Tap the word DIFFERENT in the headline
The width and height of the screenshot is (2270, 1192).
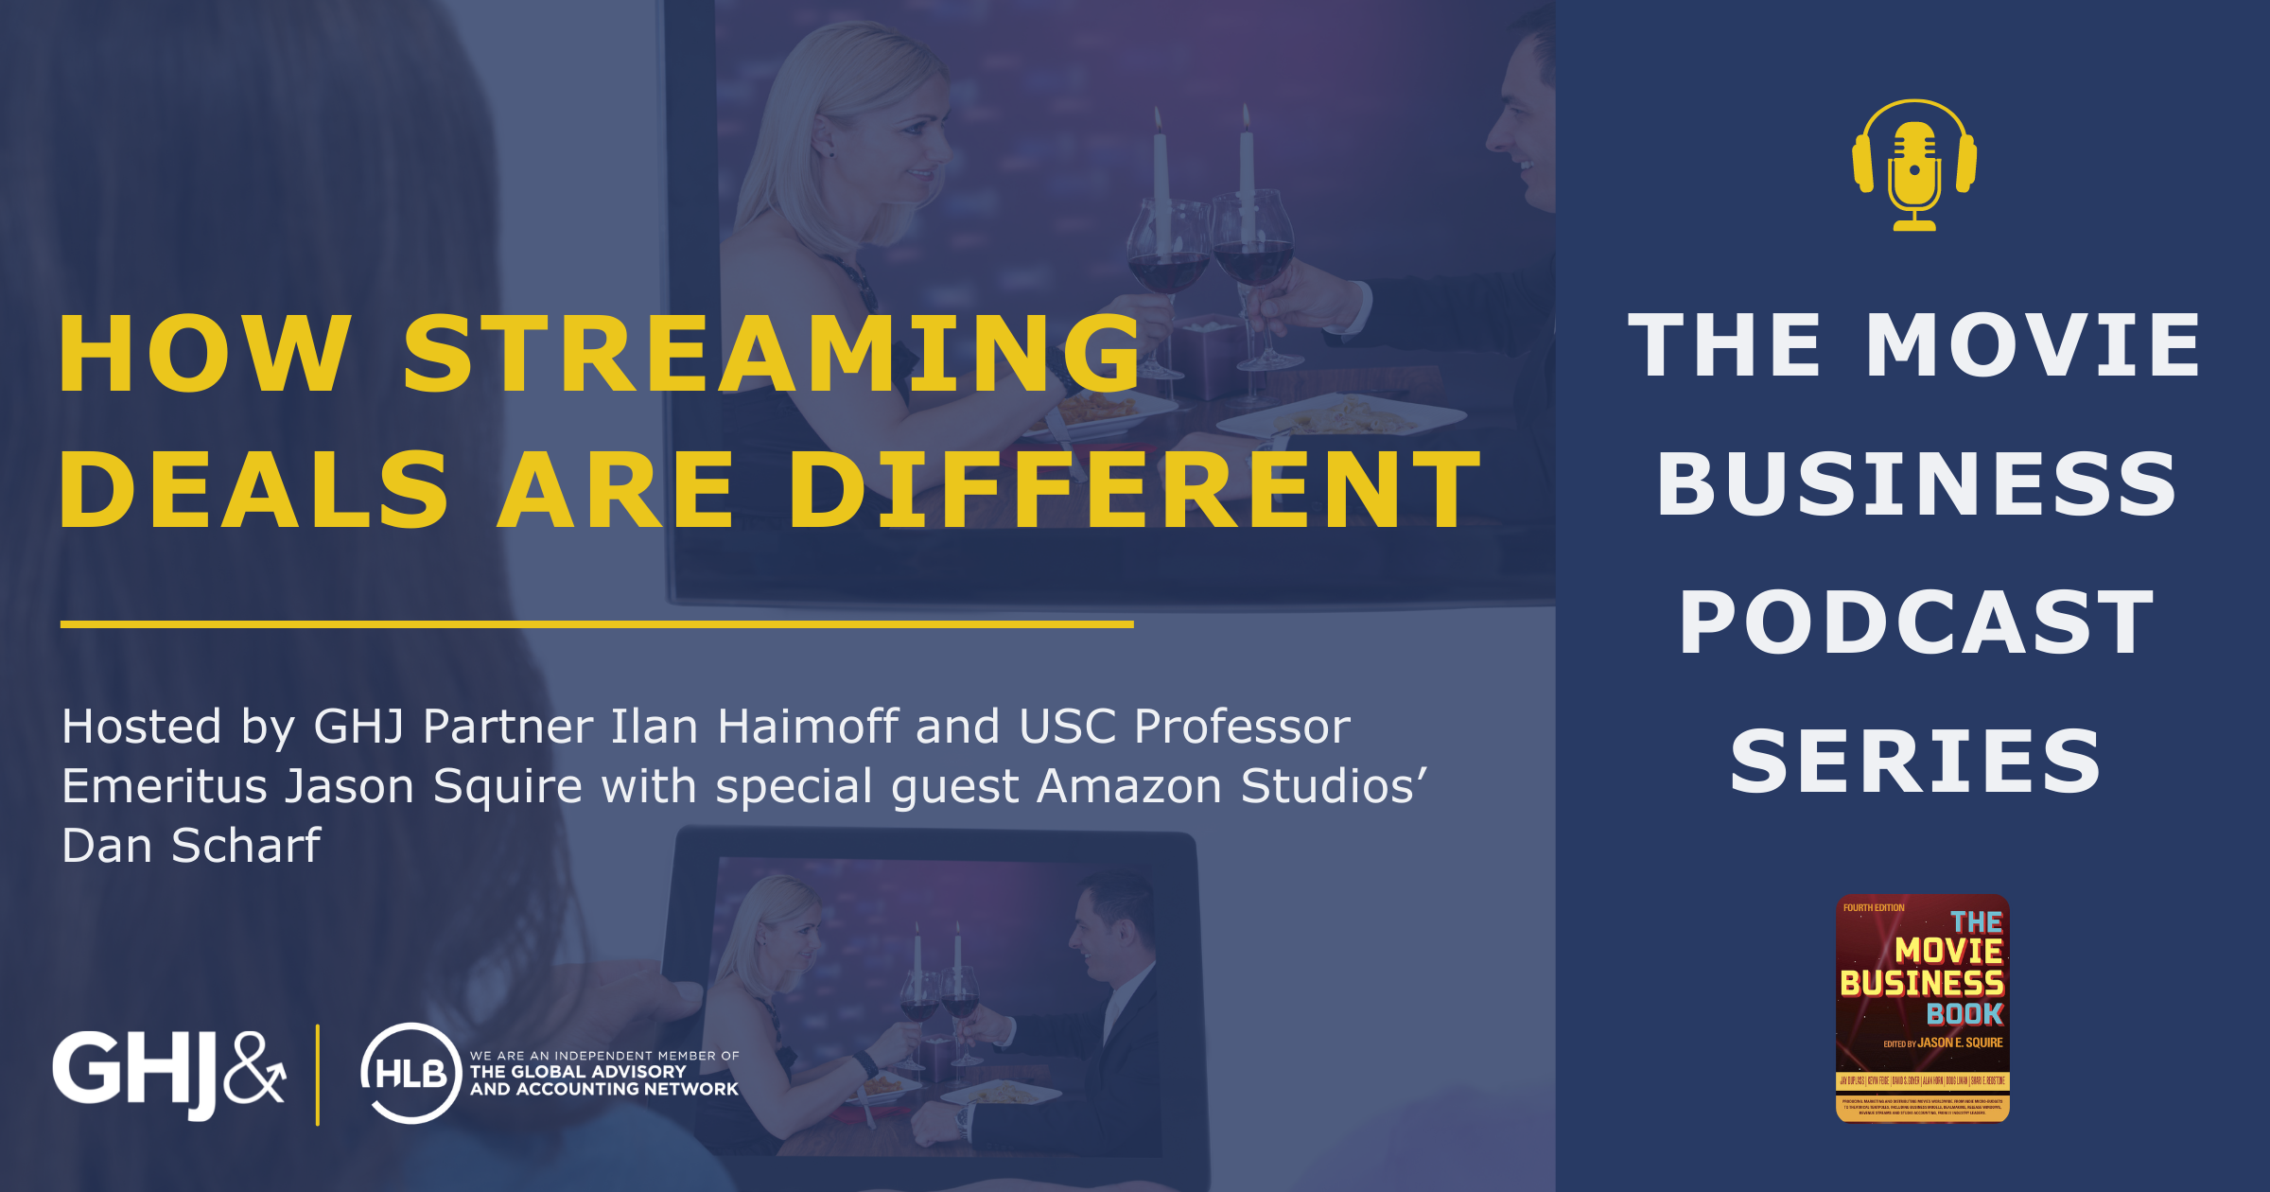point(1135,489)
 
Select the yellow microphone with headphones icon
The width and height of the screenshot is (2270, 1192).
point(1914,166)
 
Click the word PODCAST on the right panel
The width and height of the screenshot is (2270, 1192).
point(1916,622)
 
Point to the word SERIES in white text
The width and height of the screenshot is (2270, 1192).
point(1916,762)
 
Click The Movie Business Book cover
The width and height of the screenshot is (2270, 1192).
point(1922,1008)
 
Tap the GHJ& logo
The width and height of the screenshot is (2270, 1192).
point(168,1072)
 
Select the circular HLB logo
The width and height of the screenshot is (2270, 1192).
point(410,1073)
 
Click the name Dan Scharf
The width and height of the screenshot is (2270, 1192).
point(191,845)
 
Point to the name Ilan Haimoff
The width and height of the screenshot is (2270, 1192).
point(753,727)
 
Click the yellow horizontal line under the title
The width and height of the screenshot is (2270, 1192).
point(596,624)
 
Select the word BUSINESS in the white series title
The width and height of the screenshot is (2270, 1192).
point(1916,484)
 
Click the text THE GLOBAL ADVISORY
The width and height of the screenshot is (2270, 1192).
point(578,1072)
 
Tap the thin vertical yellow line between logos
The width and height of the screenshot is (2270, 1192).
point(318,1074)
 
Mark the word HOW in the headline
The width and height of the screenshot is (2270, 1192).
point(204,354)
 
